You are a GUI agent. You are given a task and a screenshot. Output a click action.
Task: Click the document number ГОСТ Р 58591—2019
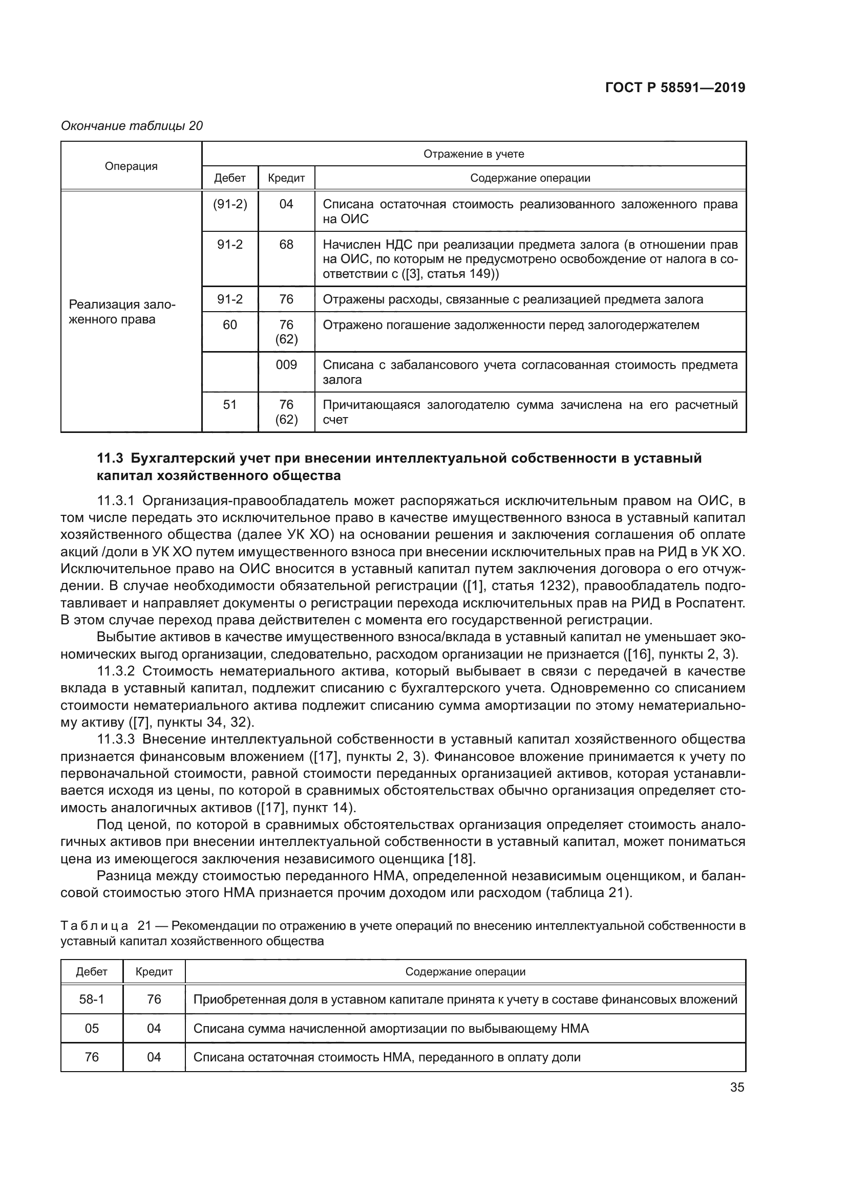click(x=675, y=88)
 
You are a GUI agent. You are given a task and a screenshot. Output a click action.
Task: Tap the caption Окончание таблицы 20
click(x=132, y=126)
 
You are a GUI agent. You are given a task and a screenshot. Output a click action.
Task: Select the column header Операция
click(x=131, y=166)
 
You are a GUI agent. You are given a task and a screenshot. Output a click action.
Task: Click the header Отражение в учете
click(x=474, y=154)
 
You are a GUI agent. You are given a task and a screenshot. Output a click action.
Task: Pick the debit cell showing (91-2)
click(x=230, y=204)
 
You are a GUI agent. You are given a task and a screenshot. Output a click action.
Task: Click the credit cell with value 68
click(x=286, y=245)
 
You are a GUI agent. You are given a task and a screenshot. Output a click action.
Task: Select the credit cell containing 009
click(x=286, y=364)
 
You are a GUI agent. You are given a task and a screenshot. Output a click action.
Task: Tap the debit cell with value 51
click(x=230, y=405)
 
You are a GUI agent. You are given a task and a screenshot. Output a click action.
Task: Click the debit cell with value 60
click(x=230, y=325)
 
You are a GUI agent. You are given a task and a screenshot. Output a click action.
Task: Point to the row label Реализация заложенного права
click(x=122, y=312)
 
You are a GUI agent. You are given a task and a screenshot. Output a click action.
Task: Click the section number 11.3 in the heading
click(x=110, y=458)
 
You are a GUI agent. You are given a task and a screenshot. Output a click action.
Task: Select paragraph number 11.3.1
click(x=116, y=501)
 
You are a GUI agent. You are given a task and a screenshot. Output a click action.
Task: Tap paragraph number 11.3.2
click(x=116, y=671)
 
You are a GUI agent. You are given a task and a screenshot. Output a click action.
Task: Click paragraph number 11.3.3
click(x=116, y=739)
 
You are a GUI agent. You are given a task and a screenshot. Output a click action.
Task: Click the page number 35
click(x=737, y=1087)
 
